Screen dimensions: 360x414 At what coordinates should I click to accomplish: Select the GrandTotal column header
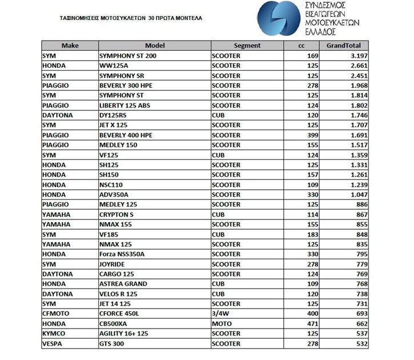pyautogui.click(x=347, y=46)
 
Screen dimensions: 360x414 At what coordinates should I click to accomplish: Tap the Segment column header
pyautogui.click(x=247, y=46)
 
